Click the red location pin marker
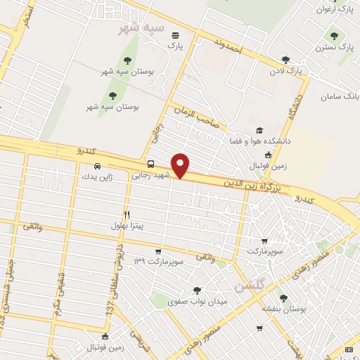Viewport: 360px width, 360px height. [x=181, y=165]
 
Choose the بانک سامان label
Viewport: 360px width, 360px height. [x=341, y=95]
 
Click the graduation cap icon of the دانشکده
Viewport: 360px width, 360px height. [x=259, y=131]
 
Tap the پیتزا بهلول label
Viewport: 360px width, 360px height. [x=127, y=226]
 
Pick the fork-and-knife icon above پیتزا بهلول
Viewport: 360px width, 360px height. [x=127, y=214]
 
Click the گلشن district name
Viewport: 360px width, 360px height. [x=249, y=285]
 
